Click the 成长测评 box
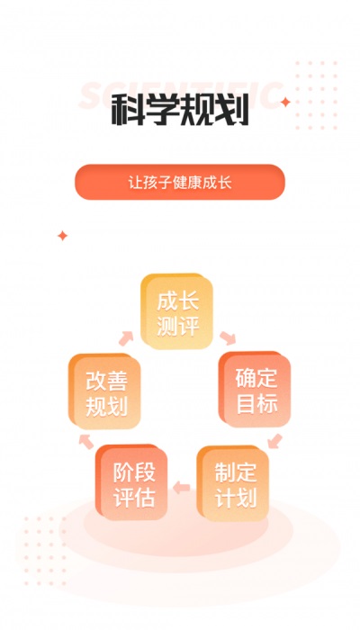pos(176,311)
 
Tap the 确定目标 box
pos(255,390)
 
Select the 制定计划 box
pos(233,484)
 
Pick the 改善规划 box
pos(105,391)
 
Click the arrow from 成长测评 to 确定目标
pos(228,337)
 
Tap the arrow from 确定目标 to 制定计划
pos(274,441)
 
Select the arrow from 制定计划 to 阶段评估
pos(181,488)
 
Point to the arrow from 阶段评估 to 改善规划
pos(86,441)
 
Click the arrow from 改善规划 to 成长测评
pos(126,338)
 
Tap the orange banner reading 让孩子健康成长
pos(180,182)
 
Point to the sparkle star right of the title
pos(285,103)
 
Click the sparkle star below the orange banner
pos(62,236)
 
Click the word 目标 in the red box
pos(256,404)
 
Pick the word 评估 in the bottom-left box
pos(134,498)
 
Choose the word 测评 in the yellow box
pos(178,326)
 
